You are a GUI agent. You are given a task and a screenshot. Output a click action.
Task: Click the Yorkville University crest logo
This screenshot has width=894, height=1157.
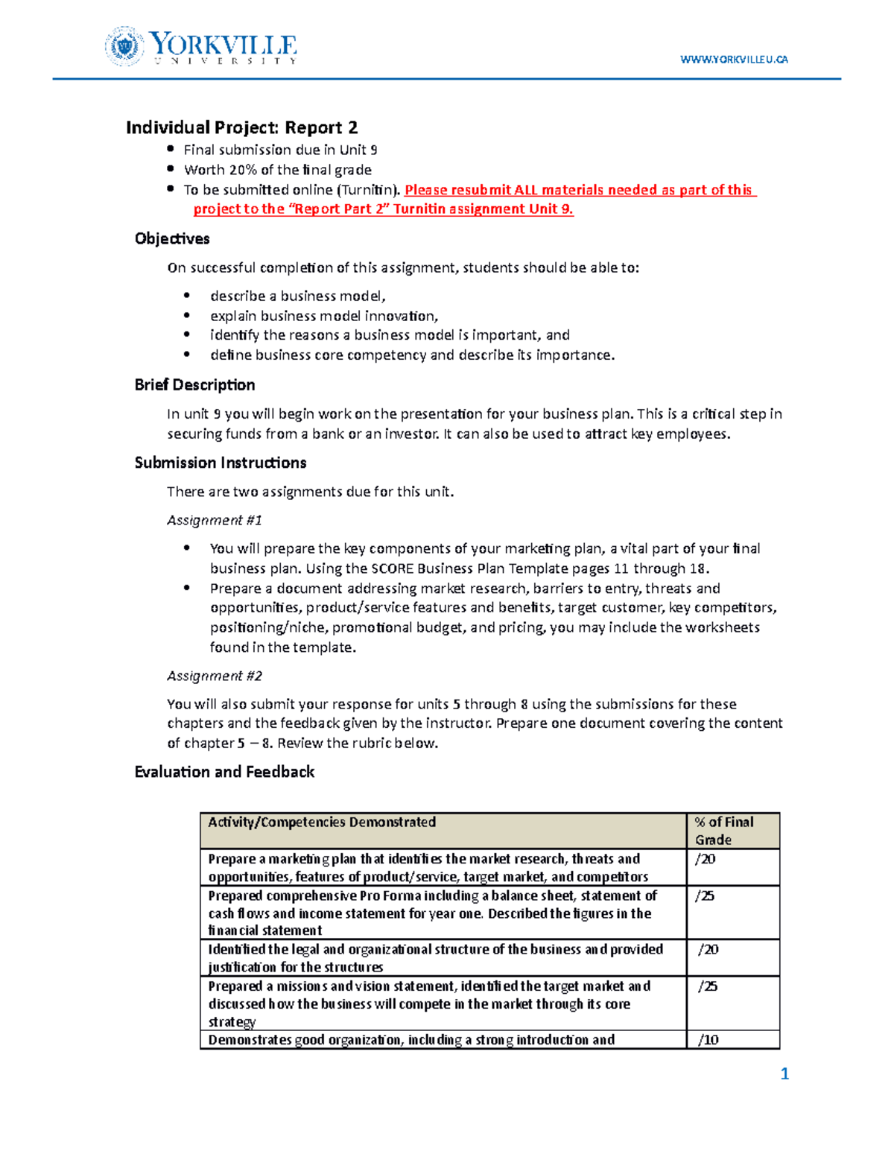[124, 46]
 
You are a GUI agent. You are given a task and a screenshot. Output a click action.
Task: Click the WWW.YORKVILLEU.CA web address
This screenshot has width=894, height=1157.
[734, 60]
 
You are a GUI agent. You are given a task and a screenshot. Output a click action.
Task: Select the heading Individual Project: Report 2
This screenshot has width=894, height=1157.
[241, 127]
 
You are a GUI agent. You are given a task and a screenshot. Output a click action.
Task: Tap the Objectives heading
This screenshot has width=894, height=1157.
[172, 238]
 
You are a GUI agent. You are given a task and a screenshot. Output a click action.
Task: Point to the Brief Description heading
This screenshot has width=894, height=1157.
[194, 384]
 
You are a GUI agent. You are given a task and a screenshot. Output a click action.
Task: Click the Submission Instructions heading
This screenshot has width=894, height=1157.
[221, 463]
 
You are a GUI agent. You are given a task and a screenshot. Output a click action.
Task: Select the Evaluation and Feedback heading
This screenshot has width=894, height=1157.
[224, 772]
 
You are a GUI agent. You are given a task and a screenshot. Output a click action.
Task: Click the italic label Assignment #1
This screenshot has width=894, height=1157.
[215, 520]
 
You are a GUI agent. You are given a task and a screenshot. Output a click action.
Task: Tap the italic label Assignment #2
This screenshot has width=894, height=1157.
[215, 676]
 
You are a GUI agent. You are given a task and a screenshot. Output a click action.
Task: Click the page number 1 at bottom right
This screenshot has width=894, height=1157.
[784, 1074]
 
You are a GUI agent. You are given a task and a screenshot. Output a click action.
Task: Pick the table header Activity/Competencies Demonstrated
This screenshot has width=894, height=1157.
[322, 822]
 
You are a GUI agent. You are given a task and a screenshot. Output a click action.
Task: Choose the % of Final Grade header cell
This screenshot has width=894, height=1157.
[723, 831]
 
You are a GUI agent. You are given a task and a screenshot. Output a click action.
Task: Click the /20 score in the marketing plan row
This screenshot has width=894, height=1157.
[705, 859]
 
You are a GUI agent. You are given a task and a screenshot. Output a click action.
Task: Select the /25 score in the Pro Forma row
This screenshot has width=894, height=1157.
[705, 896]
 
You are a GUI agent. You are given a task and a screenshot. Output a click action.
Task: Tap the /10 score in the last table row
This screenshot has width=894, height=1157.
[708, 1040]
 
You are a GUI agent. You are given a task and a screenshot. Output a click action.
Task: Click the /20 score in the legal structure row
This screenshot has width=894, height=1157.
[708, 949]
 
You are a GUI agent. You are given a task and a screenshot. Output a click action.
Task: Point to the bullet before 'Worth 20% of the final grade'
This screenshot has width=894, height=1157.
[171, 169]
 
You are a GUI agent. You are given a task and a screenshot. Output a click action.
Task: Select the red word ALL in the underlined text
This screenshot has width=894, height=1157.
[526, 190]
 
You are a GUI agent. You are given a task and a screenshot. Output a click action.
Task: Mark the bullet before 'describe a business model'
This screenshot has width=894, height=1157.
[187, 296]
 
